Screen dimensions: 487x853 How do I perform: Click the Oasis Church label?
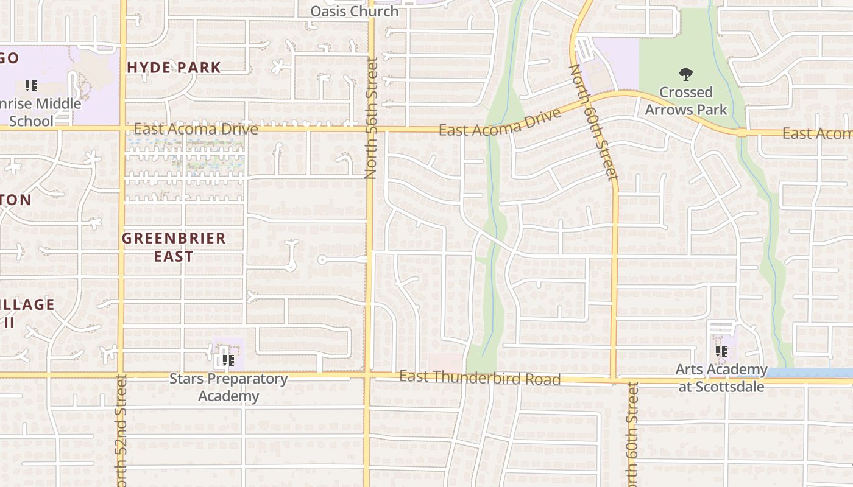coord(354,11)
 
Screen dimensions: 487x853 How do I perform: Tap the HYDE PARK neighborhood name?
coord(174,68)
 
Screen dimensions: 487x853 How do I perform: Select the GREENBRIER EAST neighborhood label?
coord(174,247)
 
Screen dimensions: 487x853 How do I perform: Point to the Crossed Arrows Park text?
coord(686,101)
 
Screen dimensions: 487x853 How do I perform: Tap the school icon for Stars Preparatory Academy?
coord(228,360)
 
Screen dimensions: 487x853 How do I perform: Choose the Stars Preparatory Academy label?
coord(228,387)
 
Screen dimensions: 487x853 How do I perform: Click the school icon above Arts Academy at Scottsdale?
coord(721,351)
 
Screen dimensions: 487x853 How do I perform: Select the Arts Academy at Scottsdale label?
coord(721,378)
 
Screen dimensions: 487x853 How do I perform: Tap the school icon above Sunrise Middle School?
coord(31,86)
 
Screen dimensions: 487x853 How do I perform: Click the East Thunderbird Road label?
coord(480,377)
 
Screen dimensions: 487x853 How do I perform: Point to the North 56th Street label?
coord(371,118)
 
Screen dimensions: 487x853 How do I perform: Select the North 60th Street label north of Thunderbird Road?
coord(594,122)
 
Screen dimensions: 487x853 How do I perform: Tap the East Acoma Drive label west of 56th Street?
coord(196,129)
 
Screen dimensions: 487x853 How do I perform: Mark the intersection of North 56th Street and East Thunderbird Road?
coord(368,376)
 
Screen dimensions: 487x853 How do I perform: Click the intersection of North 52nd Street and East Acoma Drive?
coord(122,128)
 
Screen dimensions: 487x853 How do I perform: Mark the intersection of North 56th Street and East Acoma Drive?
coord(370,129)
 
